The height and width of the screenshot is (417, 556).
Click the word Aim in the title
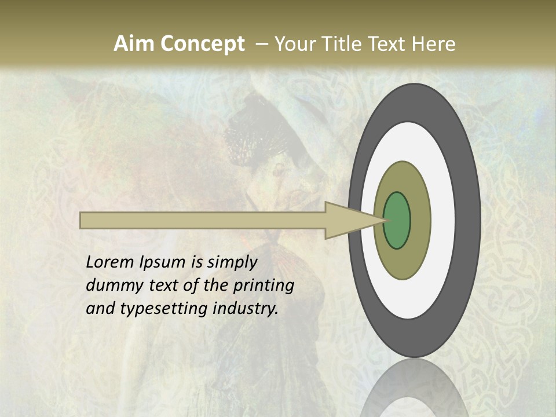(x=133, y=44)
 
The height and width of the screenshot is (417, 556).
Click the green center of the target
(x=397, y=220)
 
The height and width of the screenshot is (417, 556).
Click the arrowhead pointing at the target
(x=348, y=220)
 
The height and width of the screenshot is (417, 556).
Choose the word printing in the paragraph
(x=263, y=286)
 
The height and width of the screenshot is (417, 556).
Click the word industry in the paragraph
(x=246, y=309)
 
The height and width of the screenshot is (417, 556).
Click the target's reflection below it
(x=414, y=391)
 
